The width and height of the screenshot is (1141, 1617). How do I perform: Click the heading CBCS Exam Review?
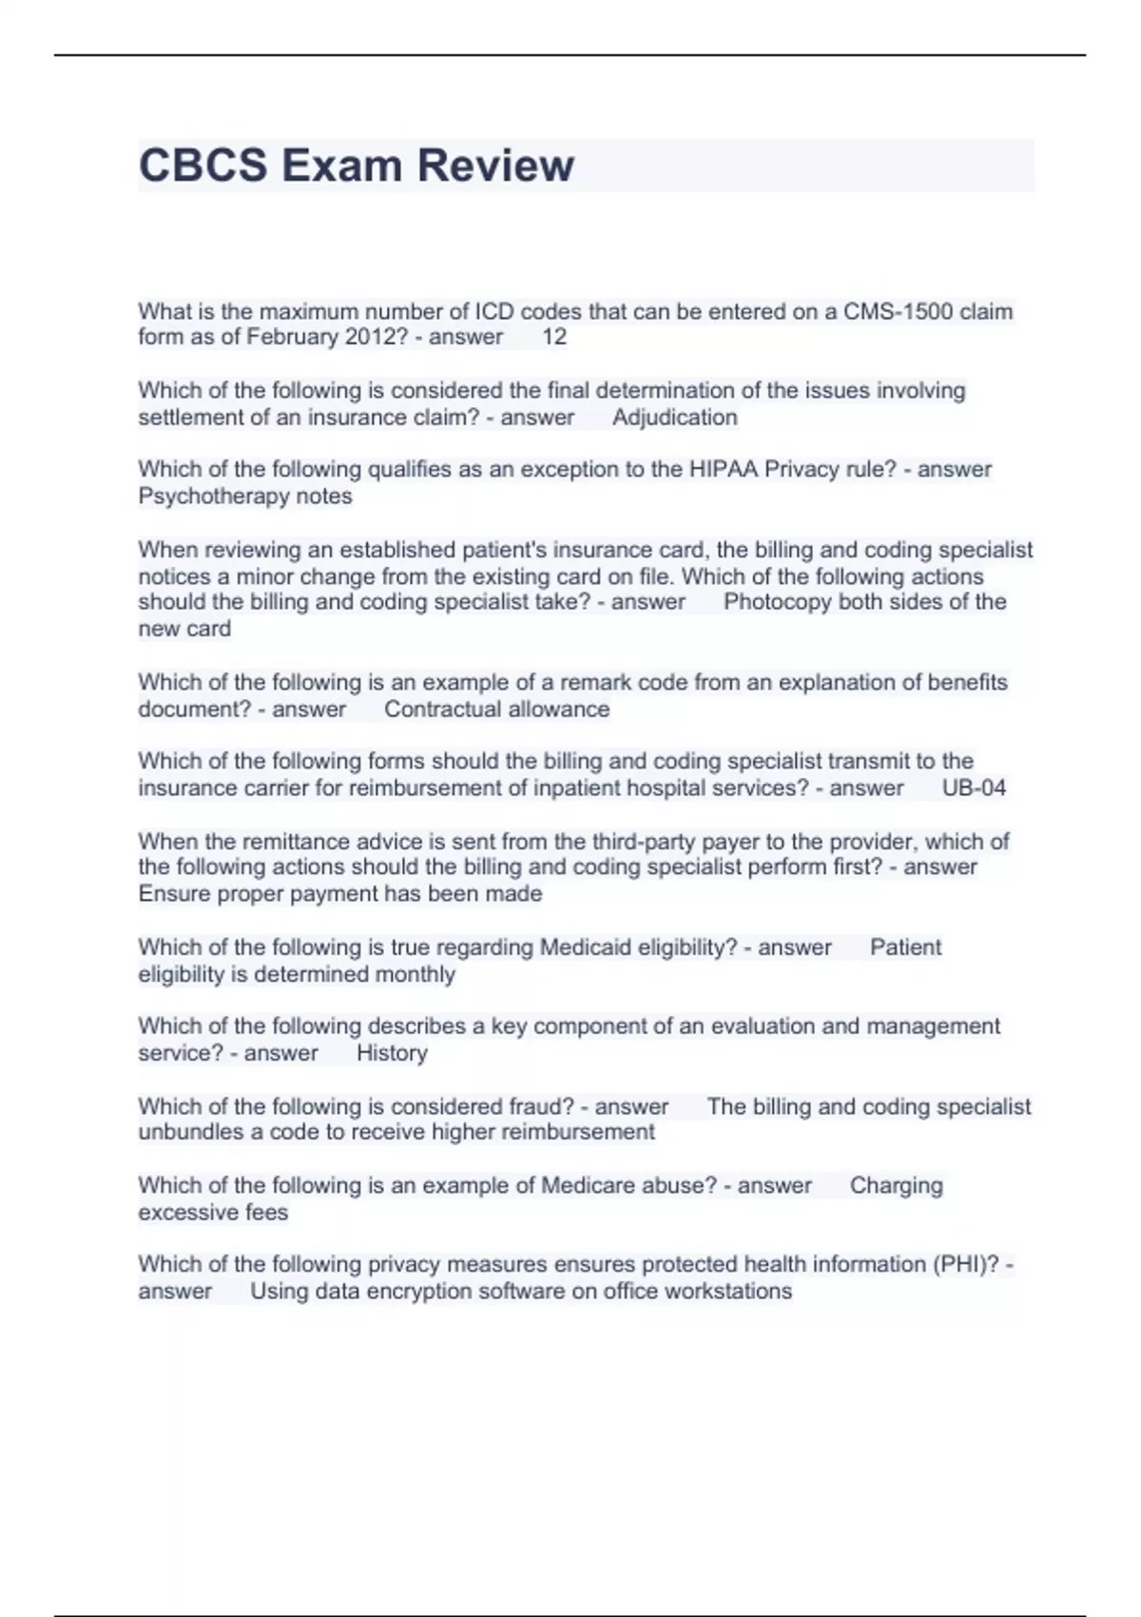pos(356,166)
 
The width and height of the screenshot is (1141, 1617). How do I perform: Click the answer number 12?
pos(554,337)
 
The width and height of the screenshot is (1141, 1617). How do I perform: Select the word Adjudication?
pos(675,418)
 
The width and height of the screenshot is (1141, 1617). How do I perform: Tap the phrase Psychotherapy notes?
pos(245,497)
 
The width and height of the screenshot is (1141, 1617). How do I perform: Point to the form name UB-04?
pos(974,789)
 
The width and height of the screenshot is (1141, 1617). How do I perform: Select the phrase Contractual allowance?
pos(496,710)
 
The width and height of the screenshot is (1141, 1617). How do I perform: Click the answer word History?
pos(392,1054)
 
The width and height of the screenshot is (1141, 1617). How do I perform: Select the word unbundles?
pos(191,1133)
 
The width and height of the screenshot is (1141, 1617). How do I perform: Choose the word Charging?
pos(896,1186)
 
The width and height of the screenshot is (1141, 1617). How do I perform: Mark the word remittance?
pos(300,842)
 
